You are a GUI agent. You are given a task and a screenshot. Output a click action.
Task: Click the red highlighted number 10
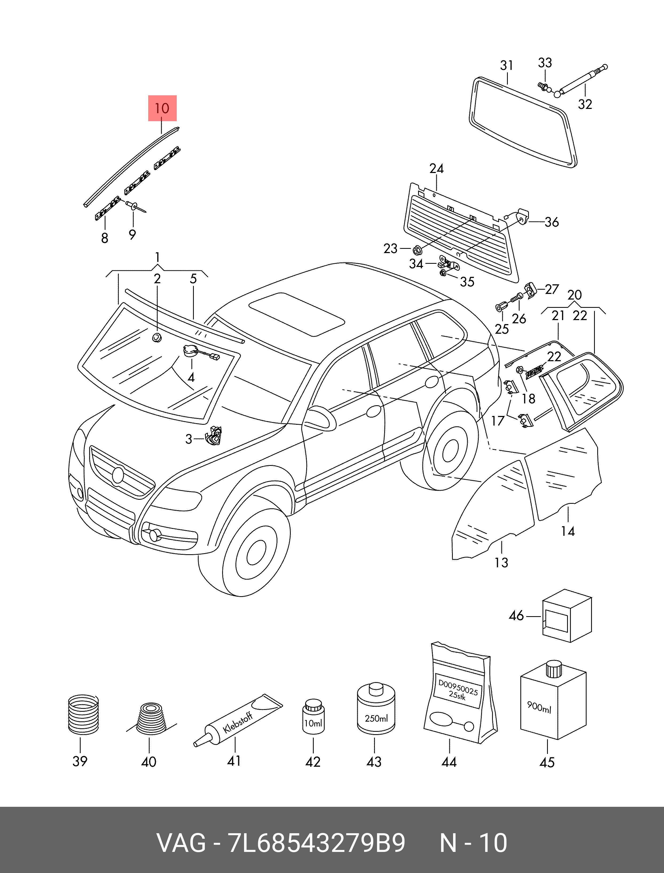[x=162, y=108]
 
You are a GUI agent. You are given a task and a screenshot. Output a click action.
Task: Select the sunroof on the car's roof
[x=296, y=314]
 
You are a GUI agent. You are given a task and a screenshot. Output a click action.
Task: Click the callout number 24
[x=436, y=169]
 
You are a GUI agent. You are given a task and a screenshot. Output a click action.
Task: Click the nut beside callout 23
[x=417, y=250]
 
